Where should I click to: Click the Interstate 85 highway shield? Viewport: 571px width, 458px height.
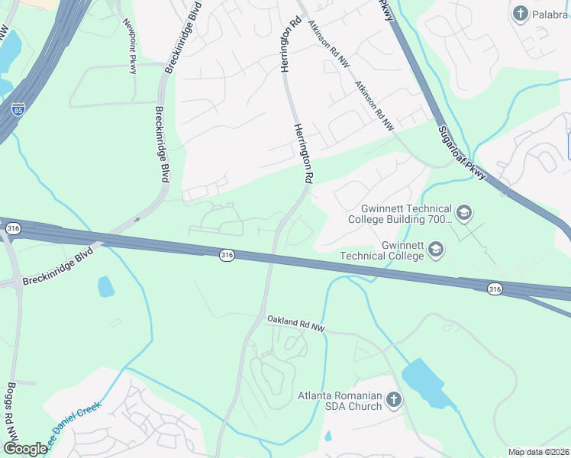click(18, 110)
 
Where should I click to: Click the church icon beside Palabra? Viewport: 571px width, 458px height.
click(521, 13)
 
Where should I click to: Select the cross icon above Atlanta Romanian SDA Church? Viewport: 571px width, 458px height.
click(393, 399)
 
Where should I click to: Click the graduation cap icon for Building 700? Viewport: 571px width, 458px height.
click(464, 211)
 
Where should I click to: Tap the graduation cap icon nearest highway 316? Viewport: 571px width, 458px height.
click(435, 248)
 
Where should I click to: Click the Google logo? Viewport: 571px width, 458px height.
click(24, 449)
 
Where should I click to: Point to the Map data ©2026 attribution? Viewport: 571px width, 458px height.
click(538, 452)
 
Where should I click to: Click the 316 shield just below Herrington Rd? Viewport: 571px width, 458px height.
click(226, 253)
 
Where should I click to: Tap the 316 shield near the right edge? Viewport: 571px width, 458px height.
click(495, 288)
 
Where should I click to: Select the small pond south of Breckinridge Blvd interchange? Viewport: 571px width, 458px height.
click(106, 287)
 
